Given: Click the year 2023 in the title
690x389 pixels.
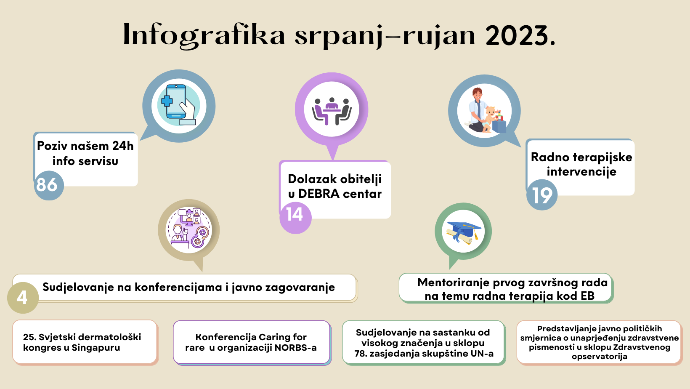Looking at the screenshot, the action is point(520,35).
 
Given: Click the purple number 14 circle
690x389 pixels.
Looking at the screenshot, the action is point(295,218).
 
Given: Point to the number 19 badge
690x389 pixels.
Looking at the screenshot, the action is point(542,194).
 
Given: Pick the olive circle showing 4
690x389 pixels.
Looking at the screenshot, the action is point(23,298).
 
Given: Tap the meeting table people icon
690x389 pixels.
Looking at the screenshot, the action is point(332,111).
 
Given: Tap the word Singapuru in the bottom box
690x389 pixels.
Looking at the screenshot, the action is point(96,348).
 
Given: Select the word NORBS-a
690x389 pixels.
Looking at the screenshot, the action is point(295,348).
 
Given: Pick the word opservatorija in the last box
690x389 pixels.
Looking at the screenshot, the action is point(600,357).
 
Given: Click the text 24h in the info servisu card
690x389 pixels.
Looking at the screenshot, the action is point(122,146).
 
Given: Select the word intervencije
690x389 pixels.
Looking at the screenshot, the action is point(581,172).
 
